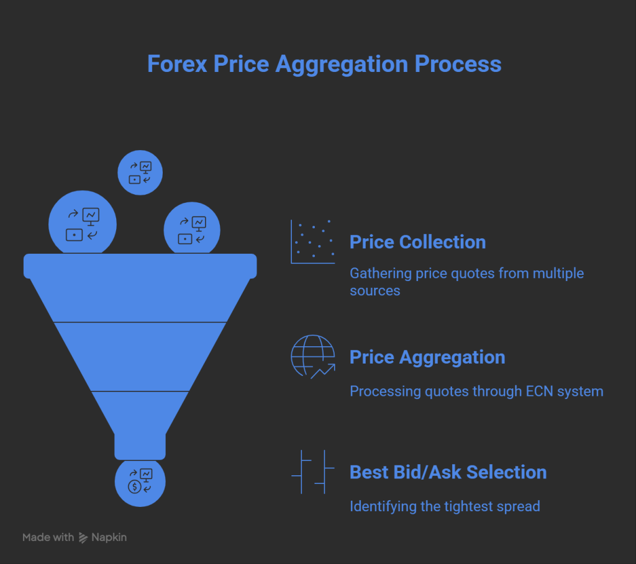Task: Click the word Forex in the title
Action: (176, 64)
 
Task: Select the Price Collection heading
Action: (417, 242)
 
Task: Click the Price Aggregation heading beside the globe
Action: (427, 357)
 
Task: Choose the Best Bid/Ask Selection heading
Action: (448, 472)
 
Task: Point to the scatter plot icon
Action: (313, 241)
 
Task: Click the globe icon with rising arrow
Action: (313, 357)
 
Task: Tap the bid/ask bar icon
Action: (313, 472)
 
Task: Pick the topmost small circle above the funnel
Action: (140, 172)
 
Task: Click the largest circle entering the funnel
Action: (83, 224)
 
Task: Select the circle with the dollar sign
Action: (140, 482)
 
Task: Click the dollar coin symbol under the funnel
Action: (134, 486)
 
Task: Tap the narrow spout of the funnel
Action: (140, 446)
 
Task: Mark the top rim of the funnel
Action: (140, 266)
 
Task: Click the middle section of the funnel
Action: (140, 357)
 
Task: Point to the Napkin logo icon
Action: (83, 538)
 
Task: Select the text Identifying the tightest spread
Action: (445, 506)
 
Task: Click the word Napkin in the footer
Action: (110, 537)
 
